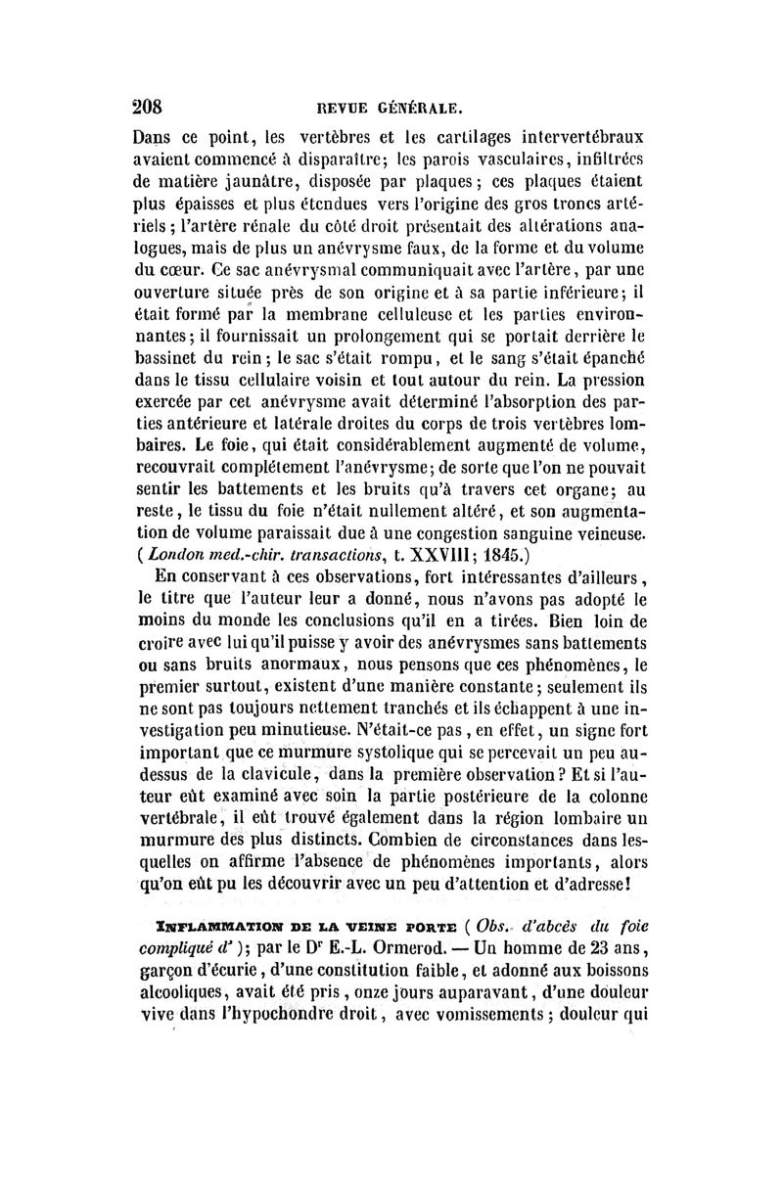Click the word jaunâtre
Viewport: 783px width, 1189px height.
click(x=271, y=179)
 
